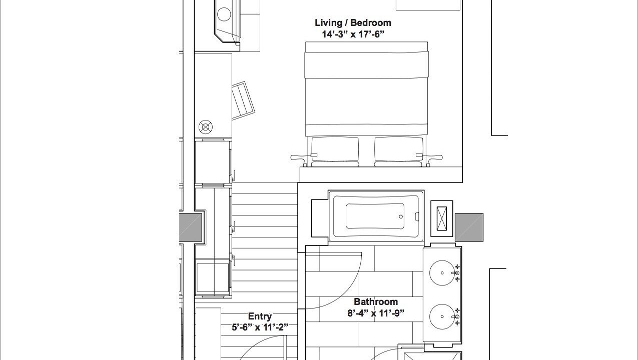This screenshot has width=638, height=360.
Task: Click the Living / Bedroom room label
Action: pyautogui.click(x=353, y=23)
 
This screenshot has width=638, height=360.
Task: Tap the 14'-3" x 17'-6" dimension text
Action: pyautogui.click(x=353, y=34)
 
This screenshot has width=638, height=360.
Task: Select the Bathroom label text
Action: pyautogui.click(x=376, y=301)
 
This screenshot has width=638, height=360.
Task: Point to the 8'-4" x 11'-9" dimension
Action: pyautogui.click(x=376, y=313)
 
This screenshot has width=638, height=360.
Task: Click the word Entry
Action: pyautogui.click(x=260, y=316)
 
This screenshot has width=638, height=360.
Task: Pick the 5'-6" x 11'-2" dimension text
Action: pyautogui.click(x=260, y=327)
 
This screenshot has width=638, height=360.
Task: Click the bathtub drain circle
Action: pyautogui.click(x=401, y=216)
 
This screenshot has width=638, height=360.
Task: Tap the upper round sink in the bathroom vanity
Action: pyautogui.click(x=442, y=273)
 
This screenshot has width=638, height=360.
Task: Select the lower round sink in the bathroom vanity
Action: pyautogui.click(x=442, y=316)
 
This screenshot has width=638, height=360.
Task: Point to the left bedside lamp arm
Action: pyautogui.click(x=302, y=157)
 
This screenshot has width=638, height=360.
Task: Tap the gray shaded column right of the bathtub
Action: pyautogui.click(x=469, y=227)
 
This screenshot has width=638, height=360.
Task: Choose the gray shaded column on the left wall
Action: pyautogui.click(x=190, y=227)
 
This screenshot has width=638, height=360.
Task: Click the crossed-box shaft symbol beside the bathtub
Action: pyautogui.click(x=442, y=218)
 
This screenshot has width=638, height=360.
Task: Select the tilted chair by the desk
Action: pyautogui.click(x=243, y=100)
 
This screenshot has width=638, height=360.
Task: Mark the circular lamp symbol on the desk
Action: pyautogui.click(x=205, y=127)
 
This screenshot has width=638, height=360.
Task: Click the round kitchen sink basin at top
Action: pyautogui.click(x=224, y=14)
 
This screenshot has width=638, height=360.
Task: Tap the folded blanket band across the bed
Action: pyautogui.click(x=366, y=65)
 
